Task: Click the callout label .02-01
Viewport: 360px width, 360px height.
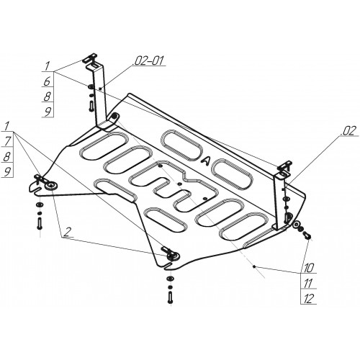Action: pos(148,60)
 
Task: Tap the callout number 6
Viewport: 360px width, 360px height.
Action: pos(48,81)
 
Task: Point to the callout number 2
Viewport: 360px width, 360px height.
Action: pos(68,232)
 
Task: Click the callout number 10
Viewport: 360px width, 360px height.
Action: pos(309,267)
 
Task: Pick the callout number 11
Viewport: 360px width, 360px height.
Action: pos(308,283)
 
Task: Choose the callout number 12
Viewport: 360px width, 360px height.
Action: pos(309,299)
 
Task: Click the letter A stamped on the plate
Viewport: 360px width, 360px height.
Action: pos(206,161)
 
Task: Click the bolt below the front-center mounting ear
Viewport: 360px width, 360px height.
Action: pos(170,297)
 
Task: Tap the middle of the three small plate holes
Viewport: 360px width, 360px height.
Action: pos(179,184)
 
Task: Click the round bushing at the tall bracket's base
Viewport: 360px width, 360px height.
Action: pos(114,117)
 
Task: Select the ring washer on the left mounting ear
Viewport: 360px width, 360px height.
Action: pos(51,186)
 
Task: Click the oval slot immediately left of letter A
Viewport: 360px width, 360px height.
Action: pos(181,145)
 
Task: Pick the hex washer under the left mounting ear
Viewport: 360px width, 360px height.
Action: pos(39,205)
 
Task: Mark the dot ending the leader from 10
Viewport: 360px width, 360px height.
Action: pos(254,266)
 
